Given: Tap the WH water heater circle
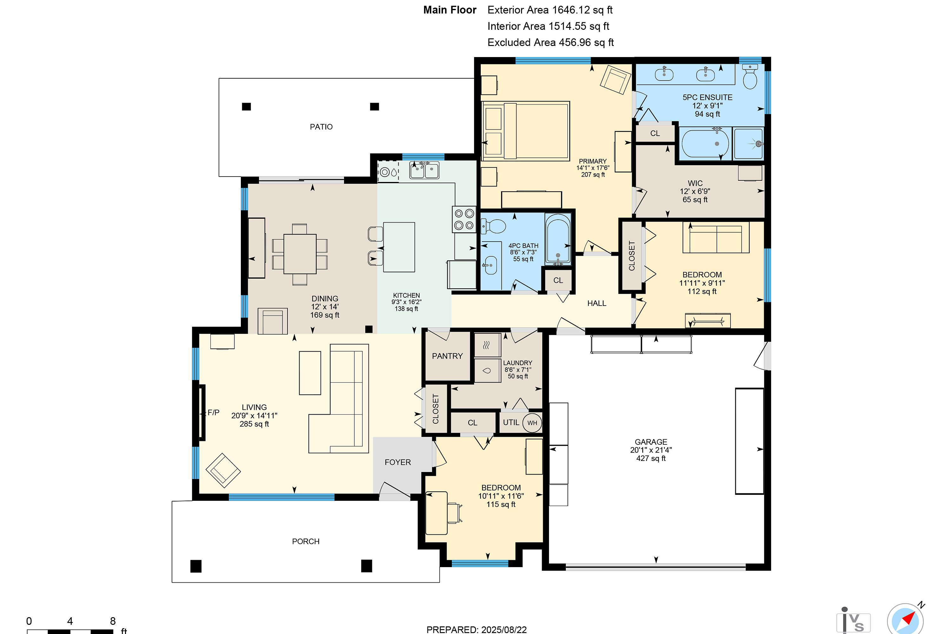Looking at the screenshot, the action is click(532, 423).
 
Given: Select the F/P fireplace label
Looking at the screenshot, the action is click(213, 412).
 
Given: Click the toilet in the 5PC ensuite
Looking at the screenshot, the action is click(750, 77).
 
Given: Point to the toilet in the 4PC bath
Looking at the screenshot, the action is click(494, 226).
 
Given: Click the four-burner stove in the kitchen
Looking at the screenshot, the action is click(464, 220).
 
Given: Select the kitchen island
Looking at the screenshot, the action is click(399, 247).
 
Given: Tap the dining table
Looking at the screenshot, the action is click(300, 254).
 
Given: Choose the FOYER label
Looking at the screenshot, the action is click(398, 462).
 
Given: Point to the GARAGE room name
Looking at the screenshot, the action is click(651, 442).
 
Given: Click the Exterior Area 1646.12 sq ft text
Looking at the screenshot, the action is click(550, 10).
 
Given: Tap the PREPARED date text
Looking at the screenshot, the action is click(476, 630).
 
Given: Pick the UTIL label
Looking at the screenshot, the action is click(511, 423).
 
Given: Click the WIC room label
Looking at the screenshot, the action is click(695, 183).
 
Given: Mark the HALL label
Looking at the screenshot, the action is click(597, 303).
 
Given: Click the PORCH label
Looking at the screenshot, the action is click(306, 541).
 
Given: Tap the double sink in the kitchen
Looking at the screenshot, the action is click(424, 170).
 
